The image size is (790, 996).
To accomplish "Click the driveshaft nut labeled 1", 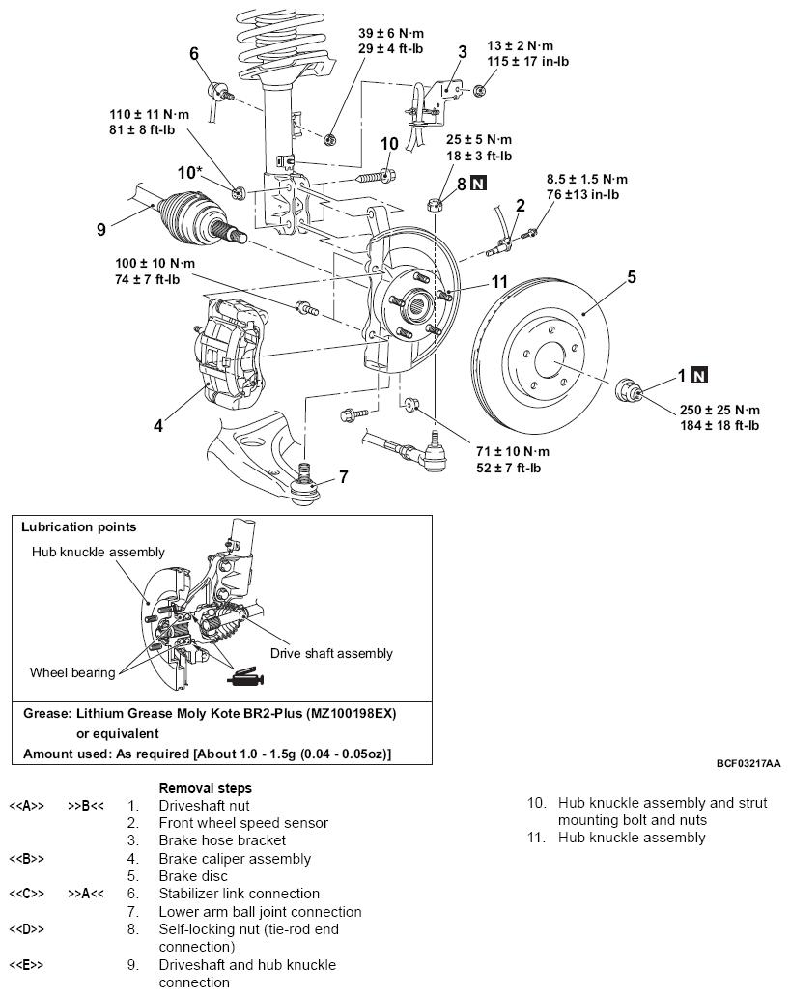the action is click(629, 390).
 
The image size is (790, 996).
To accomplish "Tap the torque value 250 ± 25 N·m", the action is click(719, 410).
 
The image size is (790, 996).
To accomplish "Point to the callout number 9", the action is click(101, 229).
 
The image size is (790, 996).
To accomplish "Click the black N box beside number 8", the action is click(478, 185).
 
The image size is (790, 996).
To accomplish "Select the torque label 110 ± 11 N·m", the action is click(150, 114).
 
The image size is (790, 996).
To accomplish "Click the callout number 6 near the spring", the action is click(194, 53).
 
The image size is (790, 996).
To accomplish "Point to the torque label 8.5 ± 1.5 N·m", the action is click(587, 179).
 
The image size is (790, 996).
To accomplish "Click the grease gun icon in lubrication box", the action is click(245, 677).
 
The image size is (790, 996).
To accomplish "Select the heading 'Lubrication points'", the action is click(79, 526).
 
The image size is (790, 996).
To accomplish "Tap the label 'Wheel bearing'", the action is click(72, 672).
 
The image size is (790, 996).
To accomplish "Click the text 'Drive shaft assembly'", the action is click(331, 654).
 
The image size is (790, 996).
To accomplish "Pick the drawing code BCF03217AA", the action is click(748, 763).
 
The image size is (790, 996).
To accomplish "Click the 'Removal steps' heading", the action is click(205, 788).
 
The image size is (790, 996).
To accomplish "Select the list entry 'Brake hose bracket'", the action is click(222, 840).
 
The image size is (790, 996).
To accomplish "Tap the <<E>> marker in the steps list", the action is click(26, 965).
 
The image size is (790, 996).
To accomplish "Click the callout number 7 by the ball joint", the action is click(344, 476).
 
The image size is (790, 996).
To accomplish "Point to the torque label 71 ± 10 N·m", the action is click(513, 452).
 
